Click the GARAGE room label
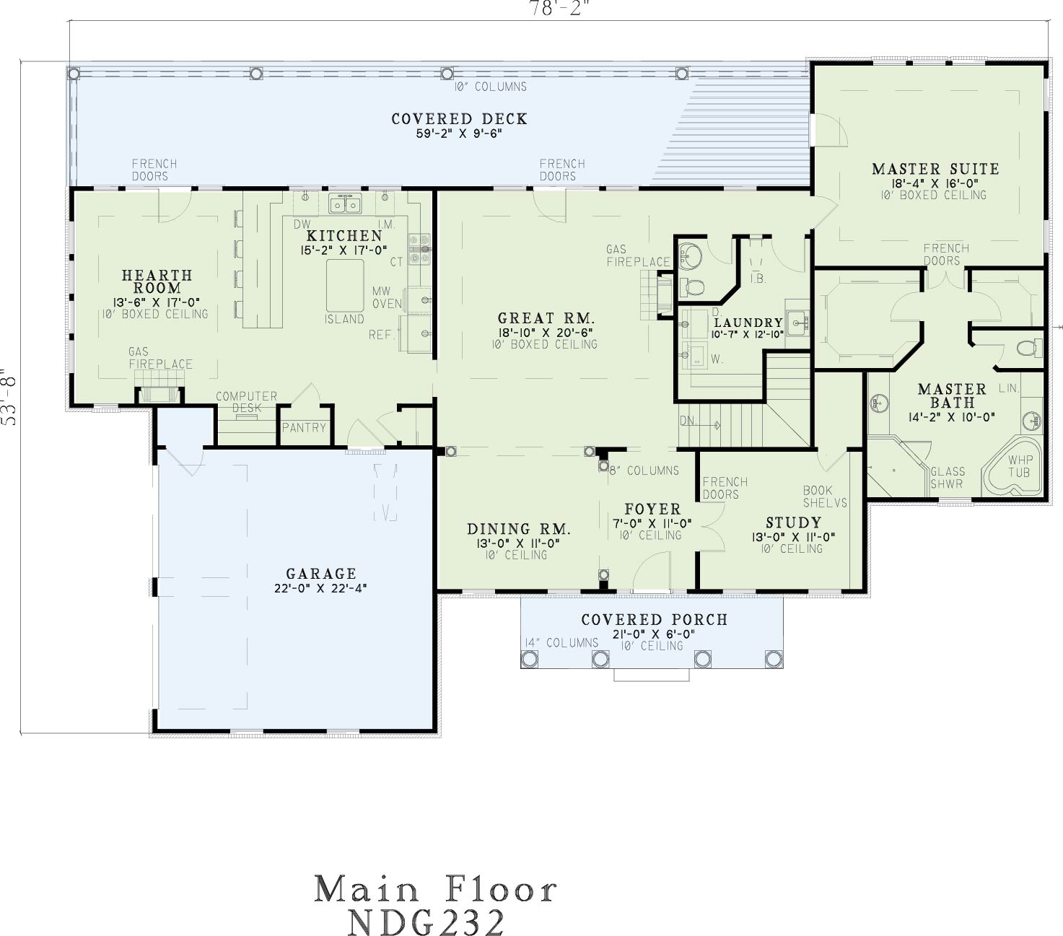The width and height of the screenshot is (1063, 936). tap(320, 574)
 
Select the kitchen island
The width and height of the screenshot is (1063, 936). tap(345, 286)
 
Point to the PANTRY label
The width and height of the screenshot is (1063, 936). tap(305, 428)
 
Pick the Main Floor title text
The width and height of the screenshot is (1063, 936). tap(435, 890)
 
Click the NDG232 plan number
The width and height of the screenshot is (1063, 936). tap(426, 922)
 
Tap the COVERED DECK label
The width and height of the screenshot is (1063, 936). tap(459, 119)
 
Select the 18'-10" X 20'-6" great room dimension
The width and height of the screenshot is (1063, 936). tap(545, 332)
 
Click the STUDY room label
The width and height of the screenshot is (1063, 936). tap(793, 522)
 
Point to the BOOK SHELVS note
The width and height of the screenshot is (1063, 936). tap(825, 497)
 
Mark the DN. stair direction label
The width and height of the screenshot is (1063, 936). tap(688, 420)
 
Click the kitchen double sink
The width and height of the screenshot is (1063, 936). tap(345, 204)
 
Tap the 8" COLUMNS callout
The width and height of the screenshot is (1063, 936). tap(644, 471)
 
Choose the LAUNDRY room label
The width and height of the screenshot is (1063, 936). tap(748, 323)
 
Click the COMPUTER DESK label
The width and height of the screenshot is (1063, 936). tap(247, 402)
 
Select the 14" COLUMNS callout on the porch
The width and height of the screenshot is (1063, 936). tap(561, 643)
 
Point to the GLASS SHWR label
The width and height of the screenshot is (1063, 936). tap(948, 478)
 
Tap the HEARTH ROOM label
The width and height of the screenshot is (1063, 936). tap(157, 281)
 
